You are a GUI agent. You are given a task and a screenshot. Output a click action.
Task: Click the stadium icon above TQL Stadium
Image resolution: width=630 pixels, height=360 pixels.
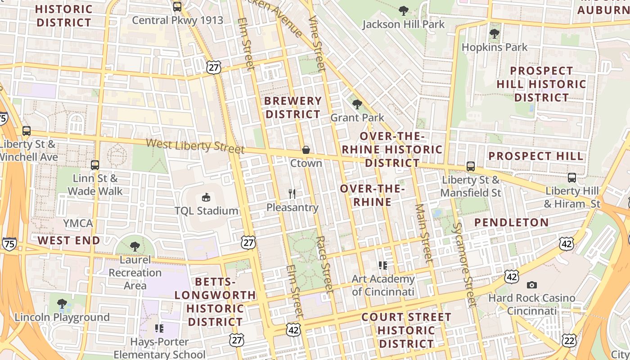pos(206,197)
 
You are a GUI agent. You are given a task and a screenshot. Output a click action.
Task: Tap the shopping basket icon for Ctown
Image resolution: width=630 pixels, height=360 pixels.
pos(306,149)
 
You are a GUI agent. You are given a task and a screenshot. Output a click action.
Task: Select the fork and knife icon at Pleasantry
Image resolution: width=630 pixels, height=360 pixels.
pos(292,194)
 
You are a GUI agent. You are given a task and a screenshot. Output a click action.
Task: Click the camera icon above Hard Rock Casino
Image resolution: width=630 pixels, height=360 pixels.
pos(532,285)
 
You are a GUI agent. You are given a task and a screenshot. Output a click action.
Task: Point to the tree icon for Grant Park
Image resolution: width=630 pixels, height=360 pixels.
pos(357,104)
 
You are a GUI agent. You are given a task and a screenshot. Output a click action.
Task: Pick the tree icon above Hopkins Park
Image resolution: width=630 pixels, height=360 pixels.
pos(494,33)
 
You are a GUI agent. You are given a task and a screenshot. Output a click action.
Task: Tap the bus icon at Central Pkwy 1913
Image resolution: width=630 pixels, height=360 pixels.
pos(177,7)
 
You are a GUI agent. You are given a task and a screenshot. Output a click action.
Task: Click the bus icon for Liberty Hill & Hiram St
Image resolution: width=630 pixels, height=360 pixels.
pos(572,178)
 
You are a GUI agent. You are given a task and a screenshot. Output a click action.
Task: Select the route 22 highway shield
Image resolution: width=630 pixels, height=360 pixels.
pos(569,340)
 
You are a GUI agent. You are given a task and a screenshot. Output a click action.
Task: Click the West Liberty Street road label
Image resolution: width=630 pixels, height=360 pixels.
pos(195,146)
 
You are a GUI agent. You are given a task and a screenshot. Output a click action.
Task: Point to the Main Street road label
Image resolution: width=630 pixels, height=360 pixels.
pos(423,233)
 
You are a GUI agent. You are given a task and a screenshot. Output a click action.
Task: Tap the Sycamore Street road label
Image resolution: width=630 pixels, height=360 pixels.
pos(464,265)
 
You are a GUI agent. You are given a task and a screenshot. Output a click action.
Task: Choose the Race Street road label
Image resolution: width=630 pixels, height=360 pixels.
pos(324,265)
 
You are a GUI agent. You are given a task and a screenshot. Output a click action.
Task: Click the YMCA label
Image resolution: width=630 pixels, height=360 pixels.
pos(78,223)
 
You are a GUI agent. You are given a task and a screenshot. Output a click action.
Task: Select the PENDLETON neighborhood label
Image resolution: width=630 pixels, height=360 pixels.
pos(512,222)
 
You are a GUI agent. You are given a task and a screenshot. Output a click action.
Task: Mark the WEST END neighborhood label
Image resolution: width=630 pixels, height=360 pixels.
pos(69,240)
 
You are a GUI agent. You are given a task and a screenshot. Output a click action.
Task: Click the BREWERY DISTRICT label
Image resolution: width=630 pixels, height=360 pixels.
pos(293,108)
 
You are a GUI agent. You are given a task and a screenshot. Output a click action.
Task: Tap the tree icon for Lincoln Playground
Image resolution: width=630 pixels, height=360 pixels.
pos(62,304)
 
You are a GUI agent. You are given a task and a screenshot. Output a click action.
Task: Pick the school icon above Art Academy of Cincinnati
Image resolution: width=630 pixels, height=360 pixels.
pos(383,265)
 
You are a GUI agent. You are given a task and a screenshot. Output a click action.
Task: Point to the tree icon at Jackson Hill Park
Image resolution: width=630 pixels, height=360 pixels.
pos(404,10)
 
